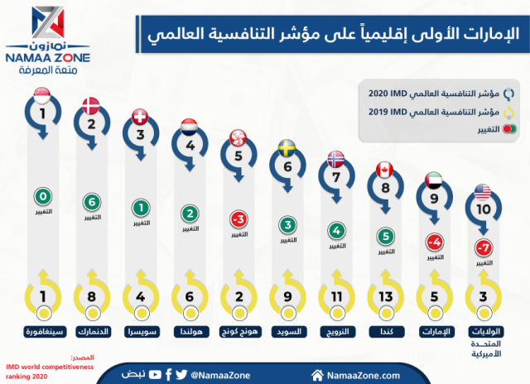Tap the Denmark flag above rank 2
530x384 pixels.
coord(91,104)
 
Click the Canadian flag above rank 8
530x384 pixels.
coord(385,169)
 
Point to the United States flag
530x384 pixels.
coord(483,194)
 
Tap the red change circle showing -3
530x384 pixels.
coord(238,219)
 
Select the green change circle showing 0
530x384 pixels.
coord(42,197)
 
